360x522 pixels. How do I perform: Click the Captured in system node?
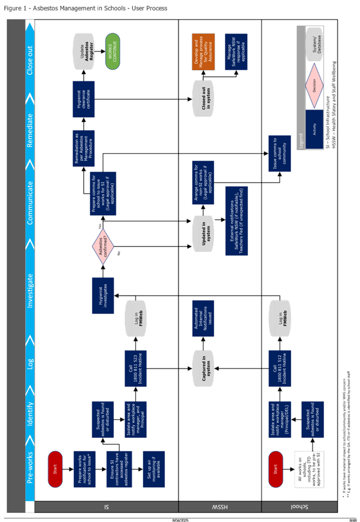pos(204,369)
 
